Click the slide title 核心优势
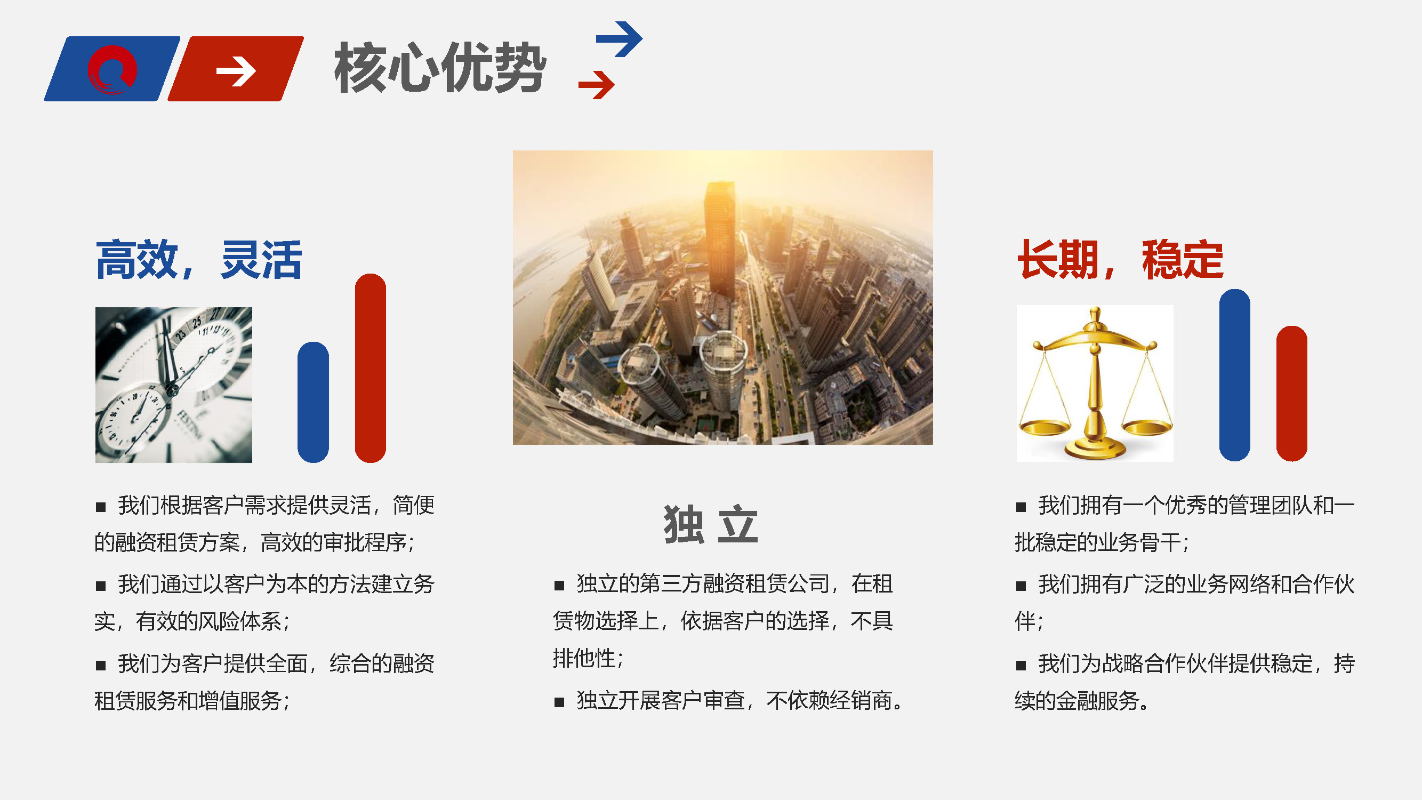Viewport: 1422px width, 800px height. (440, 68)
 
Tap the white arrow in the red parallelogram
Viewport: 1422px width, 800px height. (236, 71)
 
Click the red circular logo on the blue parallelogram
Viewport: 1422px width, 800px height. (112, 69)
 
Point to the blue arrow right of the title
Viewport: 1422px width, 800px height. (620, 38)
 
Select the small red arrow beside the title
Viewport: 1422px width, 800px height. (596, 85)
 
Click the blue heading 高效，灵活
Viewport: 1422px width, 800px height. (199, 260)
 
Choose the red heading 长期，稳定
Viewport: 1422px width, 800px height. (1121, 260)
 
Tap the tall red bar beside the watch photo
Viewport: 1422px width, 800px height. (371, 367)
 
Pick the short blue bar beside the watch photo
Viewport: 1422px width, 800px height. (313, 402)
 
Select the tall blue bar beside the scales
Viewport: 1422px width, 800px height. (1234, 375)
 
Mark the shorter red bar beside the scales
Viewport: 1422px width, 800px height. (1292, 393)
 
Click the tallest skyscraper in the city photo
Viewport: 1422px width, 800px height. (720, 240)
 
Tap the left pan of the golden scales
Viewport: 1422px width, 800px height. (1045, 427)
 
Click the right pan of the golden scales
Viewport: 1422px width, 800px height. (1147, 427)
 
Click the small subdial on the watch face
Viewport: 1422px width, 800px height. (130, 420)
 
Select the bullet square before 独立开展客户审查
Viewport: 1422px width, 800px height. (559, 702)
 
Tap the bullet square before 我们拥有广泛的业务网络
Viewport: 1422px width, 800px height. (1021, 586)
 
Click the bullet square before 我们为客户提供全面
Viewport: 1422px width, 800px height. (100, 665)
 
